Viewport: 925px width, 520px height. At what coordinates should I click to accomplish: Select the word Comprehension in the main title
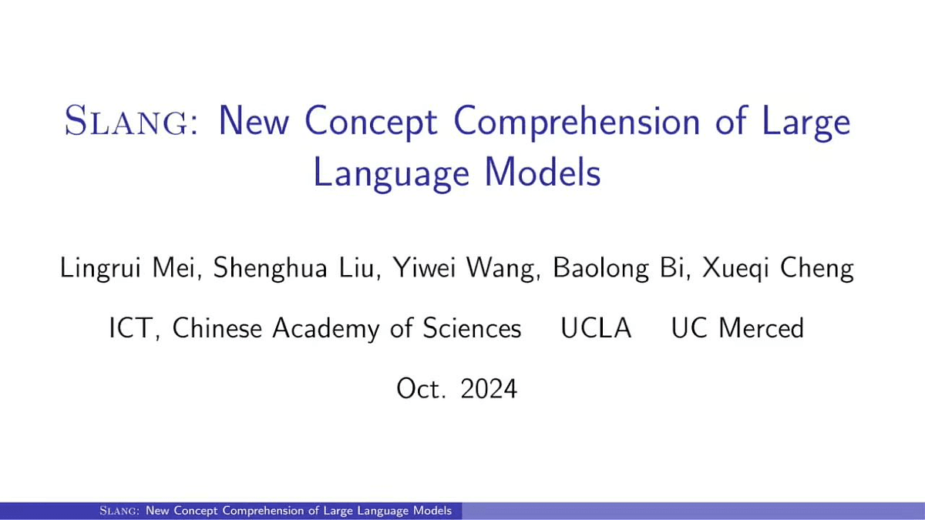tap(577, 122)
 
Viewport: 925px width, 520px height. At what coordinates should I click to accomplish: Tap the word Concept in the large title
tap(371, 122)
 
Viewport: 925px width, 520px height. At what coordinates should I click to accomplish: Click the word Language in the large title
tap(392, 174)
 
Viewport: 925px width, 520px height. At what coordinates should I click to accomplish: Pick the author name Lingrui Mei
tap(127, 269)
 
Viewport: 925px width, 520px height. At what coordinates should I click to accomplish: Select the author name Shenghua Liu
tap(294, 268)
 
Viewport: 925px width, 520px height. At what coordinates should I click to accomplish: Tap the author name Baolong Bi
tap(618, 269)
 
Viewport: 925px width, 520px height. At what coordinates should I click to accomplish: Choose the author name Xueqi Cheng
tap(778, 269)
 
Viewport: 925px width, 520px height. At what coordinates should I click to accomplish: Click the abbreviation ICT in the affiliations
tap(130, 328)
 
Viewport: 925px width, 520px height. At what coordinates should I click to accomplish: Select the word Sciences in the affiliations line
tap(472, 328)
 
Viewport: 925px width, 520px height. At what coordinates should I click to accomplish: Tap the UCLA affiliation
tap(596, 328)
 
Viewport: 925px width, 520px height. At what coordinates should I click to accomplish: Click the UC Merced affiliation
tap(738, 328)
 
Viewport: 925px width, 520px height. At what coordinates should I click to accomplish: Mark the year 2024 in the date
tap(489, 389)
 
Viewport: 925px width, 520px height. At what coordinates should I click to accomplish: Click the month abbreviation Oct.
tap(421, 389)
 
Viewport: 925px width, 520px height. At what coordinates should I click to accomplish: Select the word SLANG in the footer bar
tap(119, 511)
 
